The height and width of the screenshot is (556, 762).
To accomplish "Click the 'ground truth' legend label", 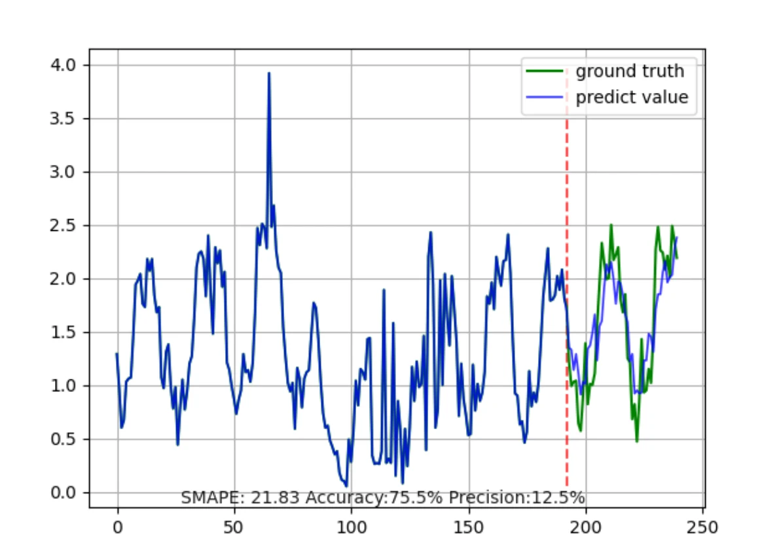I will pyautogui.click(x=629, y=71).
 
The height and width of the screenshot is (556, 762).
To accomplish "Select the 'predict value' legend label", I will pyautogui.click(x=632, y=98).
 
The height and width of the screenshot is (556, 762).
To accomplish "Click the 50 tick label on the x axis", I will pyautogui.click(x=234, y=526).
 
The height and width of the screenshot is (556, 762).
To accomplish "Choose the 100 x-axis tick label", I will pyautogui.click(x=352, y=526).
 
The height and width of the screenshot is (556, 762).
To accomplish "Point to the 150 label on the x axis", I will pyautogui.click(x=469, y=526).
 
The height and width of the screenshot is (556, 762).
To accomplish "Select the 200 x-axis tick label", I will pyautogui.click(x=586, y=526).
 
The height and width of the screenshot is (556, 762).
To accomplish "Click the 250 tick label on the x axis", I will pyautogui.click(x=703, y=526).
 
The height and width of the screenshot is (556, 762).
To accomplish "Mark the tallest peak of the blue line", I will pyautogui.click(x=269, y=74).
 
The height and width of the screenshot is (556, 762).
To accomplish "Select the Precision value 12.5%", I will pyautogui.click(x=558, y=498).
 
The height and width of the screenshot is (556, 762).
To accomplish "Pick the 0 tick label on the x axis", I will pyautogui.click(x=118, y=526).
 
